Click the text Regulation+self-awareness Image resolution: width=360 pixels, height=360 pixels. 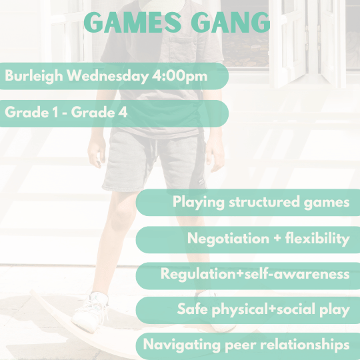255,274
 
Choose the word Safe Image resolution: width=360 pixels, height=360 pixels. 191,309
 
